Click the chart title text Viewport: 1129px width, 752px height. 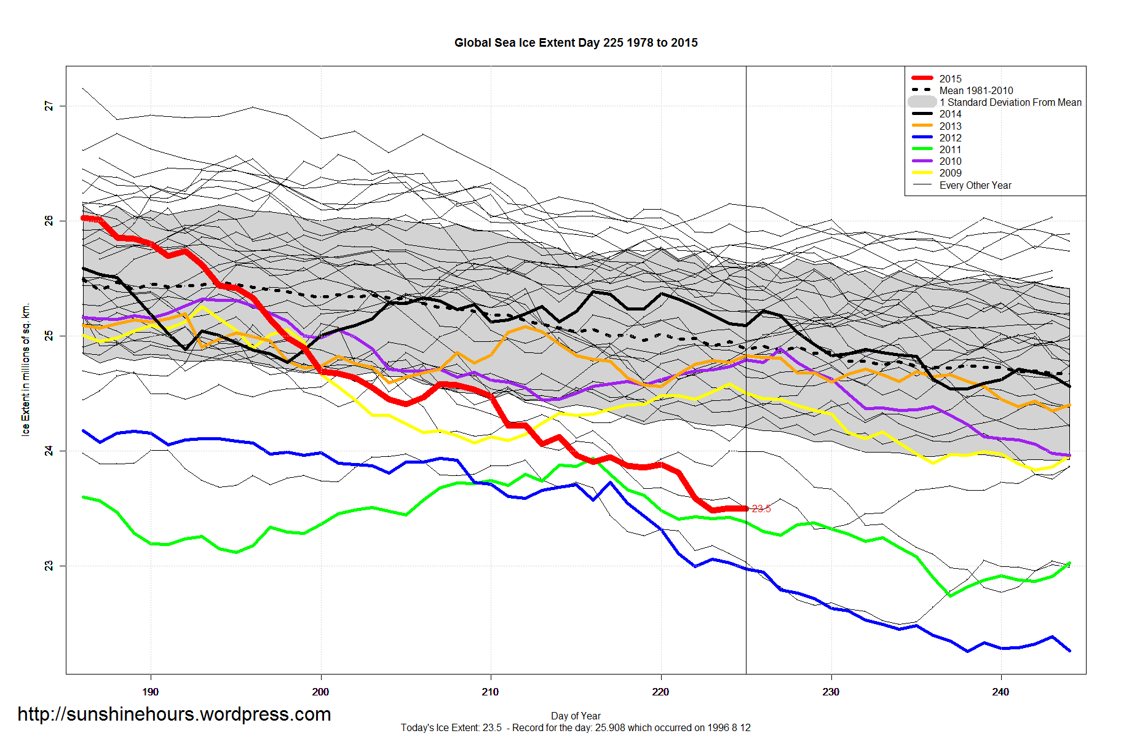576,43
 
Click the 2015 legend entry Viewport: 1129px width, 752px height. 950,79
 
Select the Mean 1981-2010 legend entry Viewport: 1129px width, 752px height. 976,90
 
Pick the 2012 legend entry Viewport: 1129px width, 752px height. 950,138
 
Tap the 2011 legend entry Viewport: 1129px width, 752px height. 950,149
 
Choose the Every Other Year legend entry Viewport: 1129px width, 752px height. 975,185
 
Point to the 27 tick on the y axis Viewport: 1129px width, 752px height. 49,106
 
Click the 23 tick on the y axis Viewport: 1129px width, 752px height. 49,566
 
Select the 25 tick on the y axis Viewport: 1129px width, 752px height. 49,336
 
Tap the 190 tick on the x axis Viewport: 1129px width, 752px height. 151,692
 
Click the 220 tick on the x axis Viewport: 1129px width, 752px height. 660,692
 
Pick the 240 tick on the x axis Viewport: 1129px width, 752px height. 1000,692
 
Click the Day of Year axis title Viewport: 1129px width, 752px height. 576,716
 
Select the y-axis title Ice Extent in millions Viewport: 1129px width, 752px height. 26,370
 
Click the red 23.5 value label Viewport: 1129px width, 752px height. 761,509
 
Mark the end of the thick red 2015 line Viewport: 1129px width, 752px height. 746,509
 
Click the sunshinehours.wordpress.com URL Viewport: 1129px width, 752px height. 174,714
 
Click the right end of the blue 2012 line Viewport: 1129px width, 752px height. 1069,651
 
